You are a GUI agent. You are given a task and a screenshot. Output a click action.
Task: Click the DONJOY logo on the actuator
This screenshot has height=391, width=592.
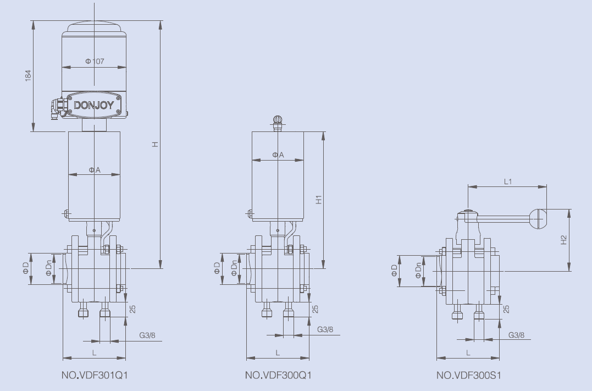[94, 105]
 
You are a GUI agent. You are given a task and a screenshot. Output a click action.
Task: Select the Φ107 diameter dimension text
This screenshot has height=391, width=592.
[95, 61]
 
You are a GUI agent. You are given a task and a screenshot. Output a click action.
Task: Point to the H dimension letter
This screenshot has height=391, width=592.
[156, 144]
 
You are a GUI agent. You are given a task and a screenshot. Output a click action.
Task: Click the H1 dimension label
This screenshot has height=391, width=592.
[318, 199]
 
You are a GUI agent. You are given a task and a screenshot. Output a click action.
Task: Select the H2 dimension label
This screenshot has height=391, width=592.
[563, 240]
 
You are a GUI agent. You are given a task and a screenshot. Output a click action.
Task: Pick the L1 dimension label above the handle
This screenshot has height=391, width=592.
[508, 181]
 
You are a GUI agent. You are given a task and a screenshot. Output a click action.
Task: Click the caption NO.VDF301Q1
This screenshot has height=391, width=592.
[95, 376]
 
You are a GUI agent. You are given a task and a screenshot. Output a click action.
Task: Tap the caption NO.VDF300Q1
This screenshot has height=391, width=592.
[278, 376]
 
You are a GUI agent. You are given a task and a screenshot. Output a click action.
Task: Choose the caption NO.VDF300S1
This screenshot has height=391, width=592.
[468, 376]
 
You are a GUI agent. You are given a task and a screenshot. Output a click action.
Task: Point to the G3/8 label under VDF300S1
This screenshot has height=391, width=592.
[516, 334]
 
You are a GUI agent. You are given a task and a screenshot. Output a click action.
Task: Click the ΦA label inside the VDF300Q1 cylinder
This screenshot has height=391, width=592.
[278, 155]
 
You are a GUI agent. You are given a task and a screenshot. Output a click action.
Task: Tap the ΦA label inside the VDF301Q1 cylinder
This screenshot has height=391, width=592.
[95, 170]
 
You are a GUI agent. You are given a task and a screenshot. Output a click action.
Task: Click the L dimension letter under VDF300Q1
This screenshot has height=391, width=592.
[278, 353]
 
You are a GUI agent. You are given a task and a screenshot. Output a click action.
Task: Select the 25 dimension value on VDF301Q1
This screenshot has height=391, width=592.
[132, 309]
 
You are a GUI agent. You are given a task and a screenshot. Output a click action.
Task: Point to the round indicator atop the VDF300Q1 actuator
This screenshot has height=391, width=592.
[278, 120]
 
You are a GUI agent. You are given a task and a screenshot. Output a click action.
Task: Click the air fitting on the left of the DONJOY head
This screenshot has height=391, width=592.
[56, 107]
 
